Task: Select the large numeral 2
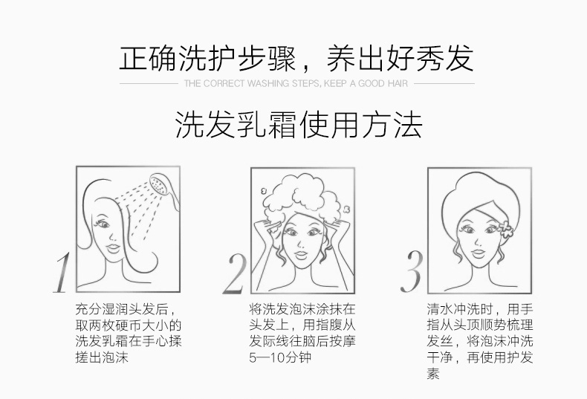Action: coord(235,273)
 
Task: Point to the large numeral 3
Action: coord(411,271)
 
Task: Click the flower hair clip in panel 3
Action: coord(505,229)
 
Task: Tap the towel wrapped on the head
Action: coord(480,202)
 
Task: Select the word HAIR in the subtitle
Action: coord(398,83)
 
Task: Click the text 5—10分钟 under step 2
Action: coord(280,357)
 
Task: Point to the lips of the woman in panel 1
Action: coord(113,247)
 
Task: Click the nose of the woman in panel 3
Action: coord(477,241)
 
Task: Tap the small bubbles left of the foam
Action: coord(263,191)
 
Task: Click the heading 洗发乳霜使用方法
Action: coord(299,124)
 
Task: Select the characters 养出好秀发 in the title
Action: coord(400,58)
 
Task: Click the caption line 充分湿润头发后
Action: coord(126,309)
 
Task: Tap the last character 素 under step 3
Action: coord(433,373)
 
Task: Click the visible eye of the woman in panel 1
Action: coord(102,224)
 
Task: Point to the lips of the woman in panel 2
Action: coord(301,256)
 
